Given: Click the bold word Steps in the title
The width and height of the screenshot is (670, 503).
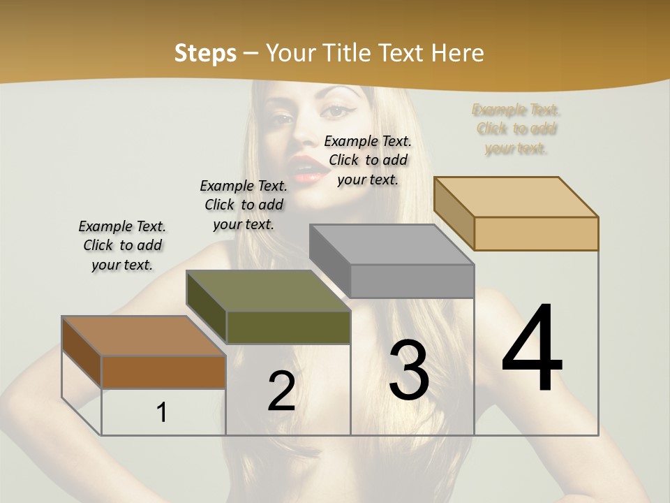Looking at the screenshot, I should [205, 53].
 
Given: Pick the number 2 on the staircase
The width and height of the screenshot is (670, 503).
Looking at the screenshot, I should [281, 391].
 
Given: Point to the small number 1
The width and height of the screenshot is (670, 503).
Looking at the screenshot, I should [162, 413].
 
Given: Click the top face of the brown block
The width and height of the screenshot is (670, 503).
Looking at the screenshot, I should [143, 336].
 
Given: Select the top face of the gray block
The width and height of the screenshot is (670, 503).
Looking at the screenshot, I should [391, 245].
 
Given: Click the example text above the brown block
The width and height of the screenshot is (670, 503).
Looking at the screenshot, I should [122, 245].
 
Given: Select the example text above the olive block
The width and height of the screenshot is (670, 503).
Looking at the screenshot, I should [244, 205].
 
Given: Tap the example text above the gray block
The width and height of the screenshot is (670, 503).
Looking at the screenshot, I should [368, 160].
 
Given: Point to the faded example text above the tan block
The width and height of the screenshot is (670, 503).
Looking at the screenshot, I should [516, 129].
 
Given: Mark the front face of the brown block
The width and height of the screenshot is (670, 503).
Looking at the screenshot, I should [163, 372].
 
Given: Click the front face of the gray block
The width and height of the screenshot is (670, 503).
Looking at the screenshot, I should [412, 281].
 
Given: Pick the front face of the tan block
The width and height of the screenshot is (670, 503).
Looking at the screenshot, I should [536, 233].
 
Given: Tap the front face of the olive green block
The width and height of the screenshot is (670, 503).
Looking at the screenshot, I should [288, 327].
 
